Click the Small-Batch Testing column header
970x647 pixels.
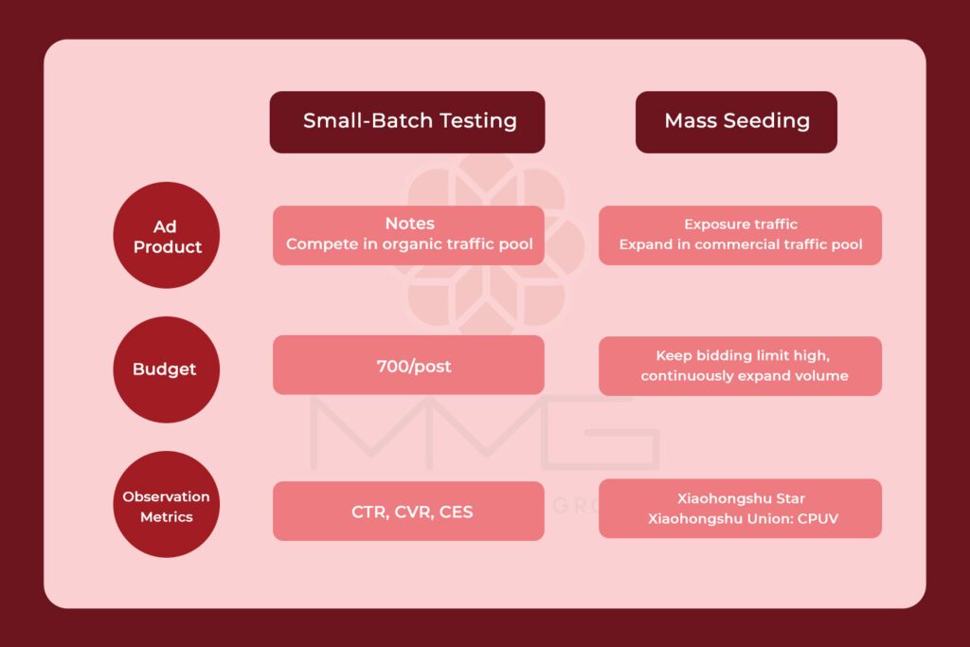tap(407, 121)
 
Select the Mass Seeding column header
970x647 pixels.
tap(736, 121)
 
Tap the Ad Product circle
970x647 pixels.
tap(167, 236)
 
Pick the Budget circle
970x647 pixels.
tap(165, 369)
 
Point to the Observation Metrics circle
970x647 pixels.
tap(166, 506)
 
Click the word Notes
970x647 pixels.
tap(409, 224)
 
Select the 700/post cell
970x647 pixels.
tap(408, 366)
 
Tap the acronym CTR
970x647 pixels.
tap(367, 512)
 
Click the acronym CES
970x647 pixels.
tap(456, 512)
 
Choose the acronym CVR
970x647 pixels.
tap(410, 512)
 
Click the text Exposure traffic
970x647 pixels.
tap(740, 225)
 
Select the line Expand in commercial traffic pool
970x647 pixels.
tap(740, 244)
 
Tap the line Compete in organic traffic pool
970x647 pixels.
tap(409, 244)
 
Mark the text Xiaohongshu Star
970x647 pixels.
tap(740, 499)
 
